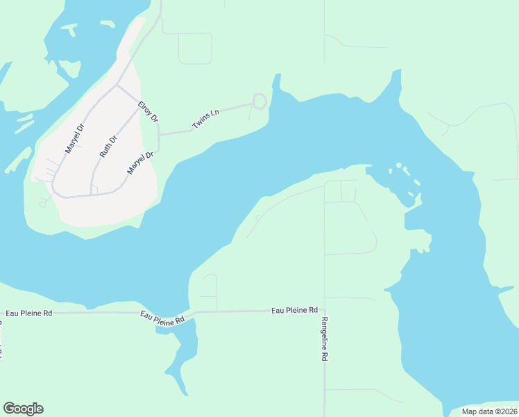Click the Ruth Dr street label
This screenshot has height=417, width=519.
point(109,146)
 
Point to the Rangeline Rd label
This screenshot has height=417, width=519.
point(324,338)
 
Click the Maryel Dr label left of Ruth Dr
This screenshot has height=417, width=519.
point(74,138)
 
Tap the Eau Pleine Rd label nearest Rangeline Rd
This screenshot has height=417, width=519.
point(294,310)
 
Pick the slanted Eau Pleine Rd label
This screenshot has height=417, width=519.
point(162,318)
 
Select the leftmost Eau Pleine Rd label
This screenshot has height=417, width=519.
point(28,313)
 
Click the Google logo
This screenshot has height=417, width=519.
point(23,409)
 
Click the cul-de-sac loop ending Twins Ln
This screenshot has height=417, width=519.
point(259,101)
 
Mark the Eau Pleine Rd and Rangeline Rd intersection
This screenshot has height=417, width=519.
point(325,311)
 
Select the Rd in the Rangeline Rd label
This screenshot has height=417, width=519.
point(324,354)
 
